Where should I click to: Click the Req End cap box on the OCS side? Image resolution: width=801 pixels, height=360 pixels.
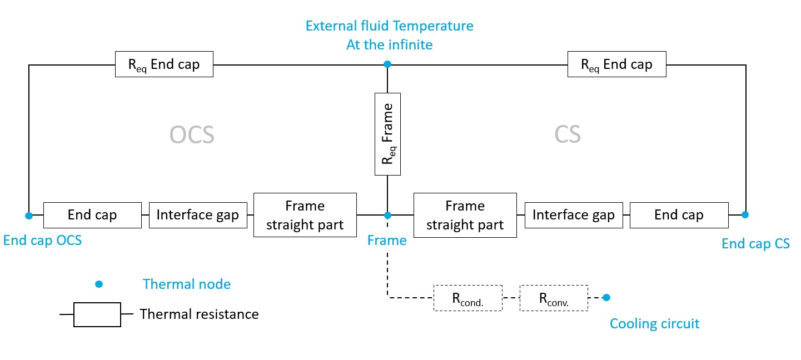point(163,64)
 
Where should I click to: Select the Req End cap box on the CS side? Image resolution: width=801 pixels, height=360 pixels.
point(616,64)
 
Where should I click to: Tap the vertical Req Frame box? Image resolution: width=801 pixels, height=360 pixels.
point(387,134)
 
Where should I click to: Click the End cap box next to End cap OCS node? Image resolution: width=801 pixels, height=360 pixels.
point(92,215)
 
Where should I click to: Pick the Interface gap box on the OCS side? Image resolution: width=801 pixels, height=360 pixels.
point(197,215)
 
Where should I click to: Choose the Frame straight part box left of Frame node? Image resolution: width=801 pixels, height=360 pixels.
point(305,215)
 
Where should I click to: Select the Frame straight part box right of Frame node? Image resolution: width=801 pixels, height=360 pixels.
point(465,215)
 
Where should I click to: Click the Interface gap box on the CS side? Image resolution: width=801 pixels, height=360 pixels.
point(573,215)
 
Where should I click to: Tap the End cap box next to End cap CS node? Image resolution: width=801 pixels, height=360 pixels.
point(679,215)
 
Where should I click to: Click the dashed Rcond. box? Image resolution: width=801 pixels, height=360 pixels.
point(467,298)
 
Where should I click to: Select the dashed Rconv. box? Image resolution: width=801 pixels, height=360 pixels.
point(554,298)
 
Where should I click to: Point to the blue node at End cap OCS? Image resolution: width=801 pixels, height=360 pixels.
point(29,215)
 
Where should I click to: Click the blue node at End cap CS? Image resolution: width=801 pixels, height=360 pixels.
point(745,214)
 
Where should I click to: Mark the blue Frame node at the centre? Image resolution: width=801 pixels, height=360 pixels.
point(387,215)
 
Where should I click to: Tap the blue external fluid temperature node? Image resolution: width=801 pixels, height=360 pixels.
point(387,64)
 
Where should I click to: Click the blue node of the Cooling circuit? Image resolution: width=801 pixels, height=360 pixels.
point(606,297)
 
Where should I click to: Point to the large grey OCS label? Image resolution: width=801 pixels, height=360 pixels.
point(191,135)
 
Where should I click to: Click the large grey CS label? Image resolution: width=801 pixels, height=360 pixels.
point(568,135)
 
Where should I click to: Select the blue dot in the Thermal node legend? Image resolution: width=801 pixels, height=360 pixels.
point(99,284)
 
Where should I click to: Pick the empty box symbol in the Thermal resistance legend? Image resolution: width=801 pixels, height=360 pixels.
point(97,314)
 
